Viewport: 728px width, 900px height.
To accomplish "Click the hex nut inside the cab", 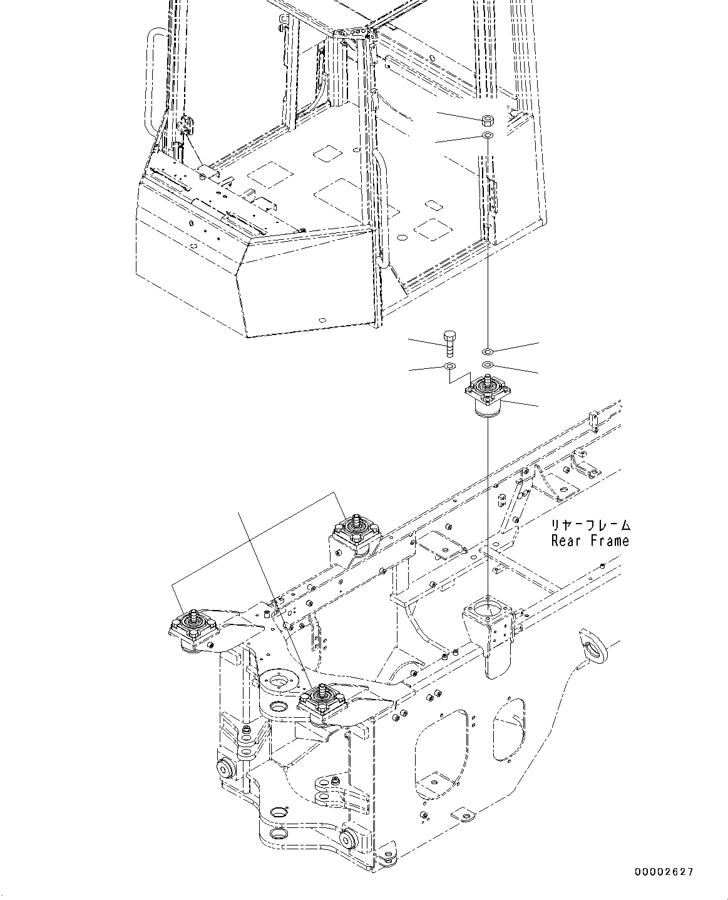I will click(487, 120).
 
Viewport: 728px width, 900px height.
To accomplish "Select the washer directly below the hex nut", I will click(487, 135).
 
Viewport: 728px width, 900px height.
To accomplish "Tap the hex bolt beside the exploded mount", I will click(449, 343).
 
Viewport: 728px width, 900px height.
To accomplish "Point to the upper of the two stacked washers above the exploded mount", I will click(488, 351).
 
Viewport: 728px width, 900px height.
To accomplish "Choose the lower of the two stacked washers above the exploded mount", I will click(488, 365).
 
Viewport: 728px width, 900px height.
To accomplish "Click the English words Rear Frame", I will click(590, 541).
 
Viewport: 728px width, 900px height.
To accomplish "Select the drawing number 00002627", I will click(664, 872).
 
